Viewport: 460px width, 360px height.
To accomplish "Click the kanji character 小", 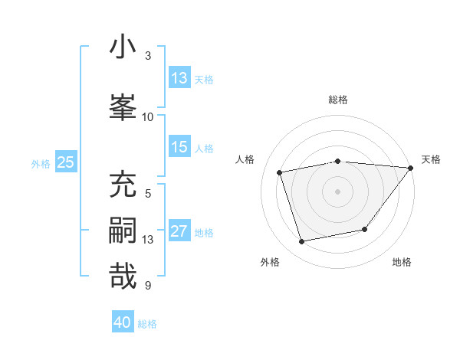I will pyautogui.click(x=123, y=47).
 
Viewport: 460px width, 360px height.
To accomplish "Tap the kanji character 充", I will pyautogui.click(x=123, y=185).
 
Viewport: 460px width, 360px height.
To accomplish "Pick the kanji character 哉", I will pyautogui.click(x=123, y=277).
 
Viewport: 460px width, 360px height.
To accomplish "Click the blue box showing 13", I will pyautogui.click(x=179, y=78).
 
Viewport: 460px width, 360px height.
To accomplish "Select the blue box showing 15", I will pyautogui.click(x=179, y=147).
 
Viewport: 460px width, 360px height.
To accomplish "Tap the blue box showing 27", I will pyautogui.click(x=179, y=232).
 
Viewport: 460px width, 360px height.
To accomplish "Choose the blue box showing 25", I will pyautogui.click(x=65, y=162).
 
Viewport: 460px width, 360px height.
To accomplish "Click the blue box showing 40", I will pyautogui.click(x=123, y=322).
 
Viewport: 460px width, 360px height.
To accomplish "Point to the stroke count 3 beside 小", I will pyautogui.click(x=148, y=56).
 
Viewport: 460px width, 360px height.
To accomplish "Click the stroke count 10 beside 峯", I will pyautogui.click(x=148, y=116).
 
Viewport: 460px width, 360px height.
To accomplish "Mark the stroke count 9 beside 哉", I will pyautogui.click(x=148, y=286).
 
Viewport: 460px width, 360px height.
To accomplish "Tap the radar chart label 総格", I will pyautogui.click(x=338, y=100).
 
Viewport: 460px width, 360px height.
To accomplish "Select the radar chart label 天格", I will pyautogui.click(x=431, y=159).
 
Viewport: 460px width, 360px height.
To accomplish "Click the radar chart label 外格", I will pyautogui.click(x=270, y=262).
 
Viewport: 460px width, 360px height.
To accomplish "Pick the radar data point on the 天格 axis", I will pyautogui.click(x=411, y=168).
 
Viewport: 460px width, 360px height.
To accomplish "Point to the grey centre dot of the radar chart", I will pyautogui.click(x=338, y=191).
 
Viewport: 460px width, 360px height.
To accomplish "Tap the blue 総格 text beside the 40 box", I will pyautogui.click(x=147, y=324).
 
